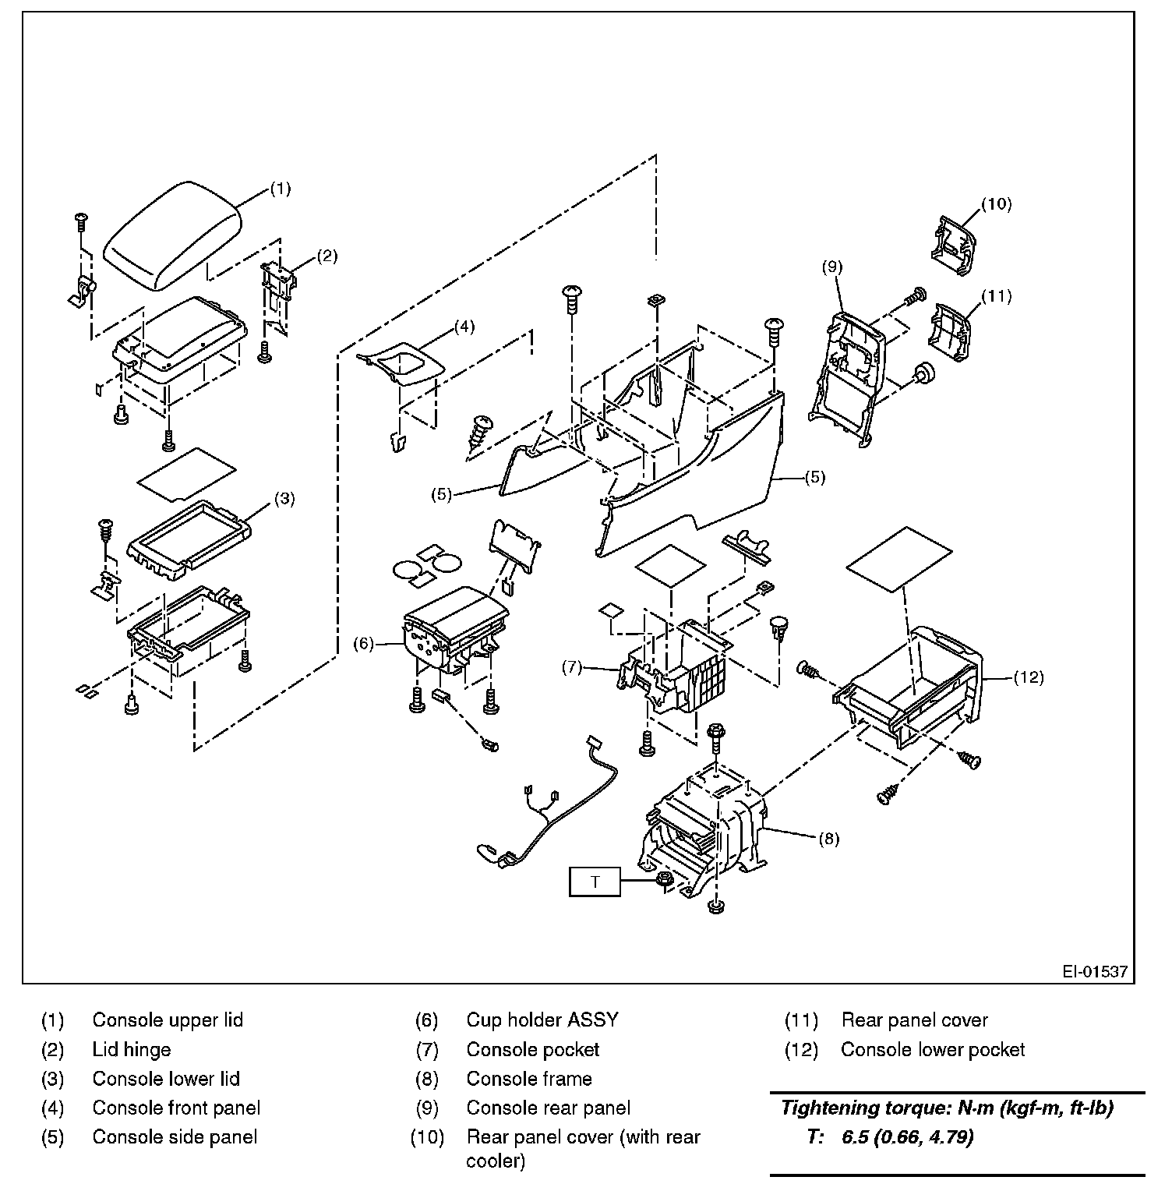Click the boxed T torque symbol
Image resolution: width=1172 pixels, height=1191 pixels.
point(595,882)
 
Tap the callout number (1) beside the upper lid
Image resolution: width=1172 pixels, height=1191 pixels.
point(281,189)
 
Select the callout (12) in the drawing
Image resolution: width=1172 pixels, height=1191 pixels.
point(1029,677)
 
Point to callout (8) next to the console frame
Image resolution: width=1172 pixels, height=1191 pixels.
point(828,839)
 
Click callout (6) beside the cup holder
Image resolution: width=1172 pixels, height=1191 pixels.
point(364,644)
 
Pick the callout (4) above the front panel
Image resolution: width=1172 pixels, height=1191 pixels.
point(464,326)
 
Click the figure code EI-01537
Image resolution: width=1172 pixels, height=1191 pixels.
point(1094,972)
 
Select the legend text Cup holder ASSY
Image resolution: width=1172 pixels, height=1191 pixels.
point(542,1020)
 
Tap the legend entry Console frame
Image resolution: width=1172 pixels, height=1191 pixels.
point(528,1079)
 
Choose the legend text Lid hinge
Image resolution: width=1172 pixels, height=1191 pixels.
point(131,1049)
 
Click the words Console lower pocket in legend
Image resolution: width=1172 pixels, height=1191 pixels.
point(932,1049)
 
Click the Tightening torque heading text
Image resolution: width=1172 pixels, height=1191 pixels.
point(947,1108)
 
